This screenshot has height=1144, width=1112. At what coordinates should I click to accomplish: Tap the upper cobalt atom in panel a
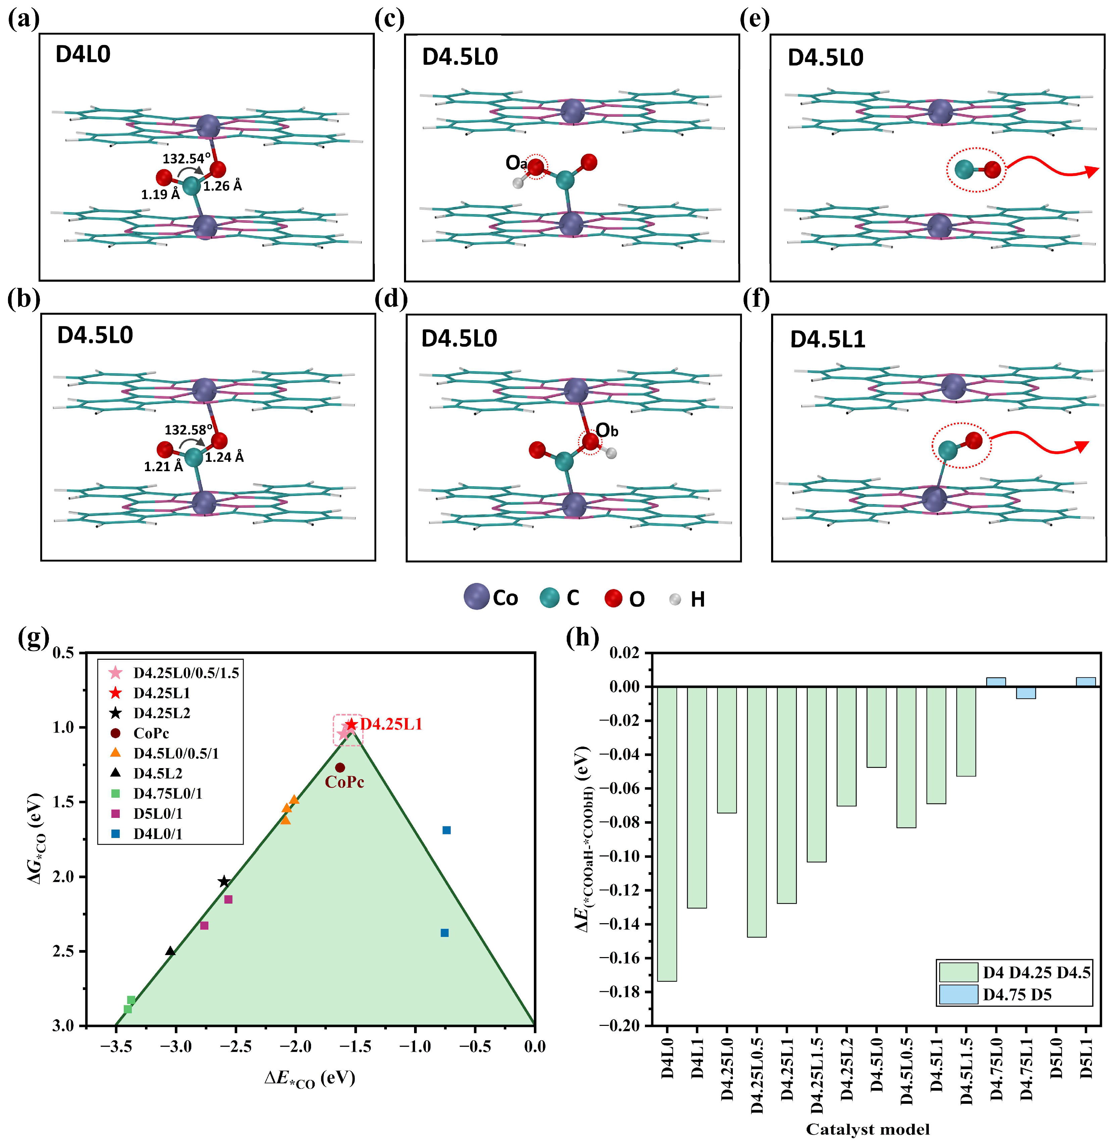pyautogui.click(x=208, y=126)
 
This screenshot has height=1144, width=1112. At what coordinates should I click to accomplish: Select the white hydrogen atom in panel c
pyautogui.click(x=517, y=183)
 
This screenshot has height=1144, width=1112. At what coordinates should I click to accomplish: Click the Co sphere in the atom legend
pyautogui.click(x=476, y=597)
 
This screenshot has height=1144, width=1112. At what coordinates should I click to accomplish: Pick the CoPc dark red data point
pyautogui.click(x=340, y=767)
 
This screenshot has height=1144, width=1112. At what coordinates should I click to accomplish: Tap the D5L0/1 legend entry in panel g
pyautogui.click(x=158, y=813)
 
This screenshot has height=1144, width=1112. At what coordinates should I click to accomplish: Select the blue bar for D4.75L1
pyautogui.click(x=1025, y=693)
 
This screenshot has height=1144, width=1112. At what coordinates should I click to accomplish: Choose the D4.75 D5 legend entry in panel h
pyautogui.click(x=1016, y=995)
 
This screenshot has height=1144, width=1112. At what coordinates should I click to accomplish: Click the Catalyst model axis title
pyautogui.click(x=867, y=1129)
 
